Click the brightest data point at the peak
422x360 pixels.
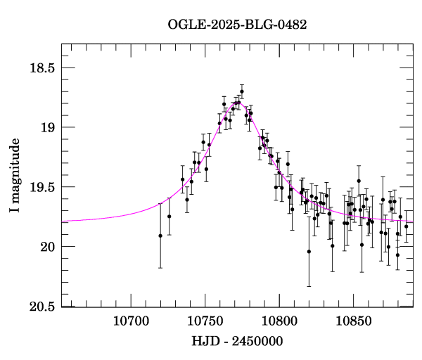[242, 91]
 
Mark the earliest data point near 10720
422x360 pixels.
[160, 236]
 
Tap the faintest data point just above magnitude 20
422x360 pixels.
[309, 251]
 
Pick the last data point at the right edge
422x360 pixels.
[406, 226]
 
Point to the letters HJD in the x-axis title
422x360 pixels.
[203, 341]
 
